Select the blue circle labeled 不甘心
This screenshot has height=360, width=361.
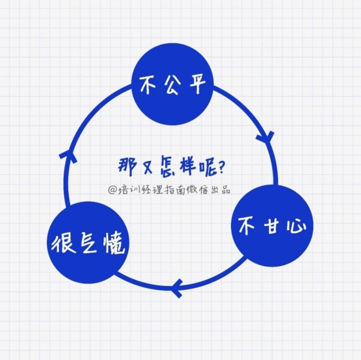(272, 225)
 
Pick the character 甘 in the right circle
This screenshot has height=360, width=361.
(273, 226)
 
